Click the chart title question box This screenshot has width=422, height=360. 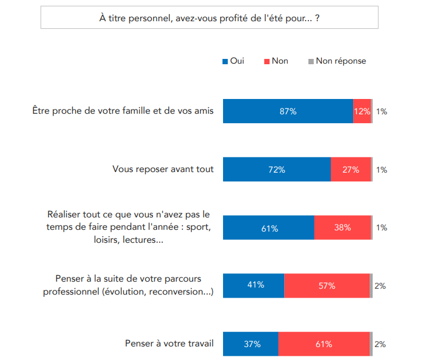tap(210, 18)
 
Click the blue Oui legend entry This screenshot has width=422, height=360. tap(233, 61)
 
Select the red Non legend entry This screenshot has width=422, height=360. tap(276, 61)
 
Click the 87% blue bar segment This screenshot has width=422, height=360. tap(288, 111)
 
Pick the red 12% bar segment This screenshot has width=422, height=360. tap(362, 111)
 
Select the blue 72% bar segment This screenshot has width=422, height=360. tap(277, 170)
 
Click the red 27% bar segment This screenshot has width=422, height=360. tap(351, 170)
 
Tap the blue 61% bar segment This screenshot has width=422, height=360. tap(268, 227)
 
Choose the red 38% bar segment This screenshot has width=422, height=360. tap(343, 227)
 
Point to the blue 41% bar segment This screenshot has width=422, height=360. tap(254, 285)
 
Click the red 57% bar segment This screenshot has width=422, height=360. tap(327, 285)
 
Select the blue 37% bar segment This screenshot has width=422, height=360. tap(251, 344)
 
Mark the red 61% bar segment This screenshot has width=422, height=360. tap(324, 344)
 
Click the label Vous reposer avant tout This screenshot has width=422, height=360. tap(163, 170)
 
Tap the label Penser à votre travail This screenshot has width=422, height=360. tap(170, 344)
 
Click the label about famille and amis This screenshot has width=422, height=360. tap(123, 110)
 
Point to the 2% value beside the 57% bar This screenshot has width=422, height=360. tap(380, 286)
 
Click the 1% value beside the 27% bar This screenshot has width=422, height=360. tap(381, 170)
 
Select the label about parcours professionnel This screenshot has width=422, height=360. tap(128, 285)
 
